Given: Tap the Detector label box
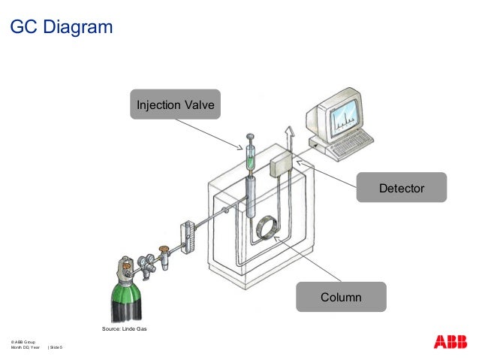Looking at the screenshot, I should [x=402, y=187].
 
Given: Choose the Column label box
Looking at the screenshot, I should [x=341, y=297].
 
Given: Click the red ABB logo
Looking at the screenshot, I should [x=449, y=342].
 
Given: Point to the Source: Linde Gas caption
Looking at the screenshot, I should [x=125, y=329].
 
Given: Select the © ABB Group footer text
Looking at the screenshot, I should [x=23, y=342].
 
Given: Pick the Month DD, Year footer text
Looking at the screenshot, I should [x=25, y=348].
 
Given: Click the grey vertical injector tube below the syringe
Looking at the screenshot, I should [x=250, y=197].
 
